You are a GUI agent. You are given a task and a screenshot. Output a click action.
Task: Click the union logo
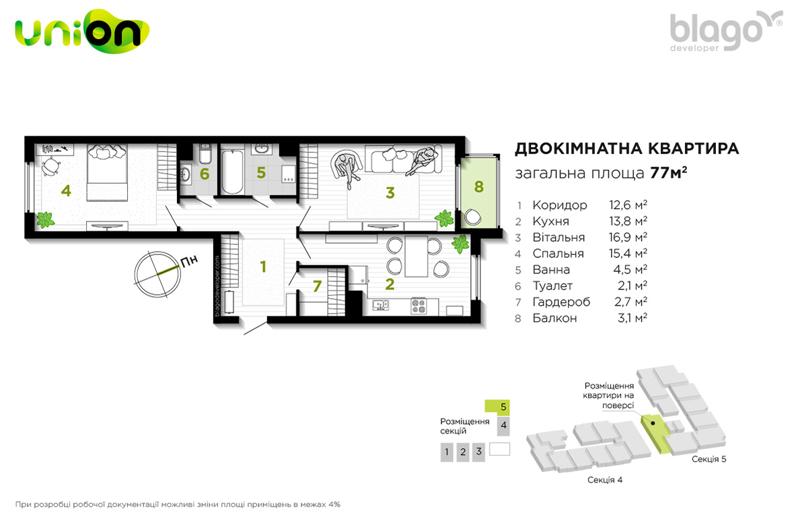[x=82, y=31]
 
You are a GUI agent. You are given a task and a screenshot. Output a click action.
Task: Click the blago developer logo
[x=725, y=31]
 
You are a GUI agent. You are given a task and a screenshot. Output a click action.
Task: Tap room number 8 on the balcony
[x=478, y=186]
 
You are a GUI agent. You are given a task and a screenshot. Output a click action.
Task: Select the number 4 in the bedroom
[x=66, y=190]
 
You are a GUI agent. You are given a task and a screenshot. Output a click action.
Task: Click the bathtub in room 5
[x=232, y=171]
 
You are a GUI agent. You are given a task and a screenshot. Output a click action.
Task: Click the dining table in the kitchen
[x=417, y=256]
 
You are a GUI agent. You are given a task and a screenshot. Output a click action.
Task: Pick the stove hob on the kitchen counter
[x=419, y=306]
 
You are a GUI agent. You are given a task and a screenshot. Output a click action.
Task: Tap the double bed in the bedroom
[x=106, y=172]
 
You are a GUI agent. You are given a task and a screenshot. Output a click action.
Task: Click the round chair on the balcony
[x=474, y=217]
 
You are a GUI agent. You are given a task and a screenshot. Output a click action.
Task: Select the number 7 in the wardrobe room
[x=317, y=286]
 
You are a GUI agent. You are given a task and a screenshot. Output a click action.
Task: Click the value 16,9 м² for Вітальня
[x=628, y=237]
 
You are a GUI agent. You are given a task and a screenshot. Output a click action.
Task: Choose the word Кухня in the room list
[x=551, y=221]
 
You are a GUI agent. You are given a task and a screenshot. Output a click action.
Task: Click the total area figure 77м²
[x=668, y=173]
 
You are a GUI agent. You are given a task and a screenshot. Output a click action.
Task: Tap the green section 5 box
[x=497, y=407]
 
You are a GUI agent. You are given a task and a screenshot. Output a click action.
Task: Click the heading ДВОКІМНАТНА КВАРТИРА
[x=627, y=149]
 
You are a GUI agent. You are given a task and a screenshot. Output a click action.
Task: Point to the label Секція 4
[x=605, y=479]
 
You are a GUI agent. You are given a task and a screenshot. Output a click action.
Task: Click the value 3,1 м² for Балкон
[x=633, y=318]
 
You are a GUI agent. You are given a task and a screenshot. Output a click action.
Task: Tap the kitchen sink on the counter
[x=381, y=305]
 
